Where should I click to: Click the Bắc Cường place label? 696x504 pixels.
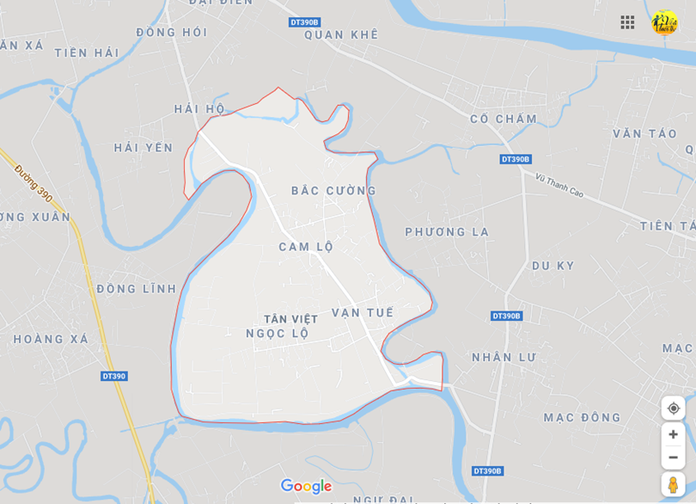[x=333, y=190]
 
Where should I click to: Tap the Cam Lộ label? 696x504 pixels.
[x=306, y=247]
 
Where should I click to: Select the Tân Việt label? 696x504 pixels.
[x=290, y=319]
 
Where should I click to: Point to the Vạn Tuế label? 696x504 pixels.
[x=363, y=312]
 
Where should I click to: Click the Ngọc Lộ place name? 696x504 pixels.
[x=277, y=334]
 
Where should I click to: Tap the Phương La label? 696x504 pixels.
[x=447, y=232]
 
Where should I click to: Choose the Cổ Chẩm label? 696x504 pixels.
[x=504, y=119]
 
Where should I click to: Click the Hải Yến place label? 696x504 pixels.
[x=143, y=147]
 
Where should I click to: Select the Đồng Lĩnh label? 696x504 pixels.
[x=136, y=289]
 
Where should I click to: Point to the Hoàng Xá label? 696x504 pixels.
[x=51, y=339]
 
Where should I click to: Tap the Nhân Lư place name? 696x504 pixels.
[x=504, y=357]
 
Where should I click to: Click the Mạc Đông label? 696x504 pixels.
[x=582, y=417]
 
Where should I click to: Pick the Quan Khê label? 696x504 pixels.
[x=341, y=35]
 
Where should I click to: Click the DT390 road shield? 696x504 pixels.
[x=113, y=376]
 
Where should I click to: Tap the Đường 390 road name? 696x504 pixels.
[x=34, y=183]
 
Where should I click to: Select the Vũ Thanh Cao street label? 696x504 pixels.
[x=559, y=186]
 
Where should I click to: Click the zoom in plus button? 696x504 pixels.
[x=673, y=434]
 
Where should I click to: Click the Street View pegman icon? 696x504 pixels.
[x=673, y=484]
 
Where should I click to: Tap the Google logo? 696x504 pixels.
[x=306, y=486]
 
